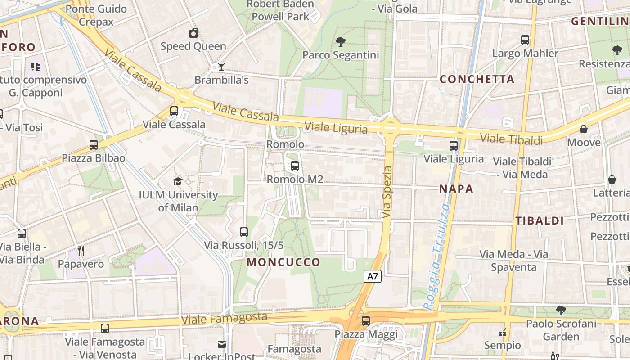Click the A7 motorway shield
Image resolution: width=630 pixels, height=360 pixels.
[373, 276]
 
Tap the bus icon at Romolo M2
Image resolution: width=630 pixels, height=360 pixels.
[295, 166]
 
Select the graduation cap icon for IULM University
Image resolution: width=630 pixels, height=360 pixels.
[178, 181]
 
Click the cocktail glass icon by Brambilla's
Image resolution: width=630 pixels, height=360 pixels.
[221, 67]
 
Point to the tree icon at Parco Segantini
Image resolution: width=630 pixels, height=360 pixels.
[341, 42]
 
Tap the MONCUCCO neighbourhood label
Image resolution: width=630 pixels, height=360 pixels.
[283, 262]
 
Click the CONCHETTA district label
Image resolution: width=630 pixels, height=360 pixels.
[477, 79]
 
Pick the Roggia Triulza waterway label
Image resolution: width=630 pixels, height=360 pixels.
[437, 256]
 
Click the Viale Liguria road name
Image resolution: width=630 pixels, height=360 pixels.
[336, 128]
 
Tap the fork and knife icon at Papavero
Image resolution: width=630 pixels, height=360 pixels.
[81, 251]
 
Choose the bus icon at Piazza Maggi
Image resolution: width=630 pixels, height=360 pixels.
[366, 321]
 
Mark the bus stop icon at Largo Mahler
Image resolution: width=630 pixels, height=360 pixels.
[525, 40]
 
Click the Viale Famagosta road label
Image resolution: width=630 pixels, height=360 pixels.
[224, 319]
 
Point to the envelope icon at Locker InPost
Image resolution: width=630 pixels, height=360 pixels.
[222, 344]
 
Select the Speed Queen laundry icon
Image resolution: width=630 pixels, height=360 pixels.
[193, 33]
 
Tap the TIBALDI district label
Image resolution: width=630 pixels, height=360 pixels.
[540, 220]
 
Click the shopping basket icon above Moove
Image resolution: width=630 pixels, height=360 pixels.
[584, 129]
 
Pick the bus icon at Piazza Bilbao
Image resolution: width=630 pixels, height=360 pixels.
[94, 145]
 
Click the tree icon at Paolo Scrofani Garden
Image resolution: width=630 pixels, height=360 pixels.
[561, 310]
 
